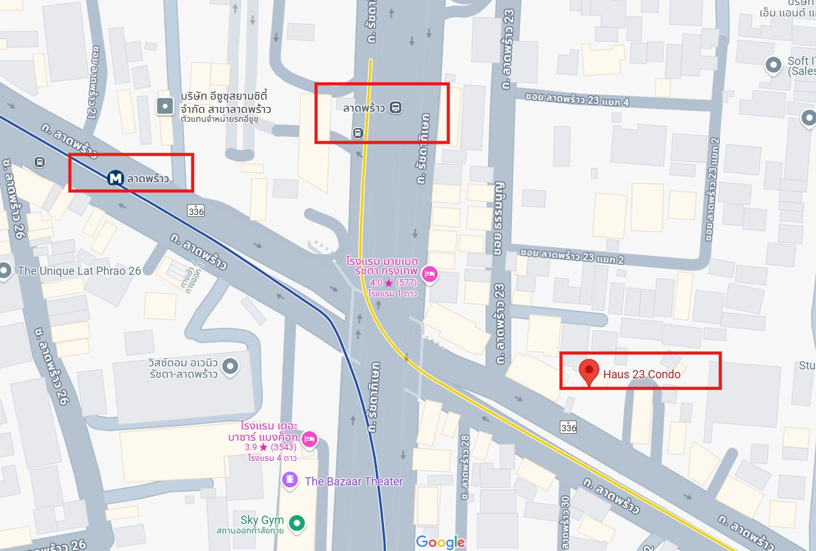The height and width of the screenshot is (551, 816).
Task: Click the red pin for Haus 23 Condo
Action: [589, 373]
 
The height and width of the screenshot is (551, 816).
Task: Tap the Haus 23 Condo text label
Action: [642, 374]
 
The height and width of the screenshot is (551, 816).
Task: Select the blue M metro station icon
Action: [115, 178]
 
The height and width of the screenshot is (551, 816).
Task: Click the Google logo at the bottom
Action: [440, 542]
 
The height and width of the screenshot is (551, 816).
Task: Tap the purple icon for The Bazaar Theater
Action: [290, 481]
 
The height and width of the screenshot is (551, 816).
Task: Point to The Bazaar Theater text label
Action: [353, 482]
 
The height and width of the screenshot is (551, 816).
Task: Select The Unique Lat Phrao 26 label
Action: [79, 271]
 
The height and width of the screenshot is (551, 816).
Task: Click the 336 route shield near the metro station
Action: [196, 210]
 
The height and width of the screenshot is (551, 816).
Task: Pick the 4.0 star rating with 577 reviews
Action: [394, 283]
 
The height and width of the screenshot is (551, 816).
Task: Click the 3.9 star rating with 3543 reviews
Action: [271, 448]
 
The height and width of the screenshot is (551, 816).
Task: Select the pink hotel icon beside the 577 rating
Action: [430, 274]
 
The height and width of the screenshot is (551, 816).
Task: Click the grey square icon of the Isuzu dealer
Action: [165, 107]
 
